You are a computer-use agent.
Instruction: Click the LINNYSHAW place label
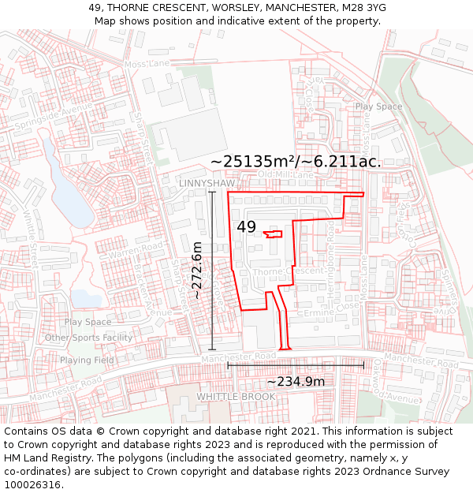[207, 183]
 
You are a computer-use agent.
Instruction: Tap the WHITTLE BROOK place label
[236, 396]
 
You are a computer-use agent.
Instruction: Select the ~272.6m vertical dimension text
[197, 271]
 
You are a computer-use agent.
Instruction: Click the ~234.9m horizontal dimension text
[296, 382]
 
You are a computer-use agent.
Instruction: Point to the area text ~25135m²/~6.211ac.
[296, 161]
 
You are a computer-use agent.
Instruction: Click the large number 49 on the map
[246, 227]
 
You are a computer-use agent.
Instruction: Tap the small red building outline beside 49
[273, 233]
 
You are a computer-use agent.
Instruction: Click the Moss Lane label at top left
[147, 63]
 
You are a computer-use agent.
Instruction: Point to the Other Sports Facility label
[88, 338]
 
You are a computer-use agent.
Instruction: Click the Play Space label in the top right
[378, 106]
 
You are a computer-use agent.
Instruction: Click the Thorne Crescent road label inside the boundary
[289, 271]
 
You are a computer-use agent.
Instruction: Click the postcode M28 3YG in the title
[359, 8]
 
